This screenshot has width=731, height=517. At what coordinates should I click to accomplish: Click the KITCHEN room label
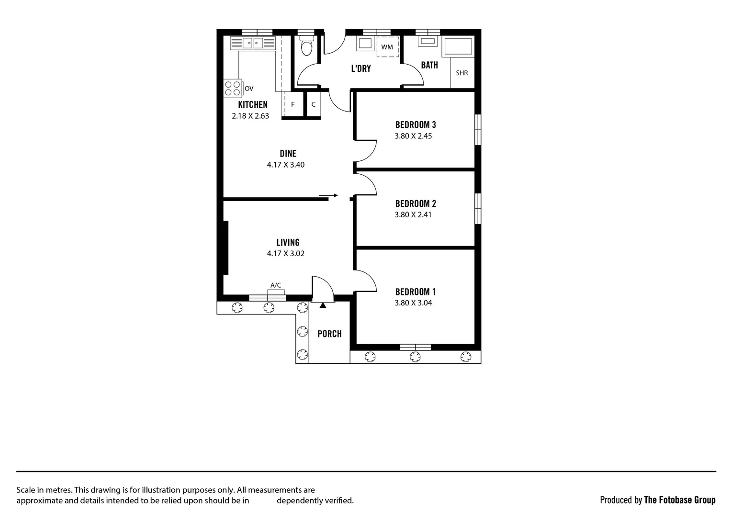point(253,104)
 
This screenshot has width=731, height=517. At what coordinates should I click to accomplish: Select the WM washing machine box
point(387,47)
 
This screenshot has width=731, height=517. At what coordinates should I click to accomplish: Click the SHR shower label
point(462,73)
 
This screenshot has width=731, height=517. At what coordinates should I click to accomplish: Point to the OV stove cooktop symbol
point(233,88)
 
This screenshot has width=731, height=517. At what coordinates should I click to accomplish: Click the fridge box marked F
point(293,104)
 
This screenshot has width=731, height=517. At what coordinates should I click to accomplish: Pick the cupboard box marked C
point(314,104)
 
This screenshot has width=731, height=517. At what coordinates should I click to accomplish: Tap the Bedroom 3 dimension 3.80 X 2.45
point(413,136)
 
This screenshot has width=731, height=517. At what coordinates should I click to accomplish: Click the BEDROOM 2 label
point(416,204)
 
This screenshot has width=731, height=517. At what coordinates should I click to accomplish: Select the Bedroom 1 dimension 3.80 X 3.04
point(413,303)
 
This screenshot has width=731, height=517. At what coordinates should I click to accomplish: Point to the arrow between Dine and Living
point(328,195)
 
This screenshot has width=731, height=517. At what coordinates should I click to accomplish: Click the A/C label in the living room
point(276,285)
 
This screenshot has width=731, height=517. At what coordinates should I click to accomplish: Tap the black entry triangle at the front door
point(323,305)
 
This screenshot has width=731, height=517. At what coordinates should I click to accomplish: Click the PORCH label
point(329,334)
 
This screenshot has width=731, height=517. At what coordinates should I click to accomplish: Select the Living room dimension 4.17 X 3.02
point(286,254)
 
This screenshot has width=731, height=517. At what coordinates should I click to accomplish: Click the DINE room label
point(288,154)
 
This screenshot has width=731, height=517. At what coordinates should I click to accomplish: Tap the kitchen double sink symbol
point(253,43)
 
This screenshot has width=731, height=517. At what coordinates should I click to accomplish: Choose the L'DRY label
point(361,68)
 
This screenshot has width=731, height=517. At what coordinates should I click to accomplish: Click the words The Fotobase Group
point(680,500)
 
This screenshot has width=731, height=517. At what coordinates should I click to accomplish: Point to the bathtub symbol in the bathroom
point(459,46)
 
